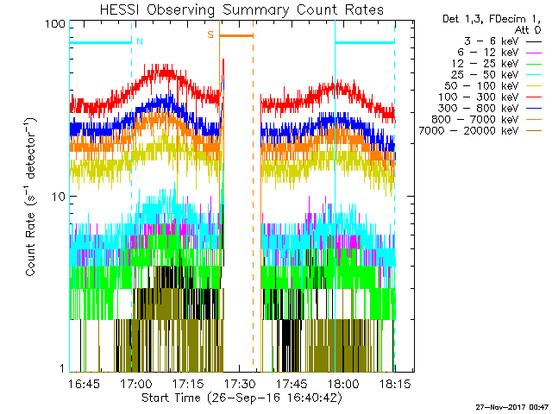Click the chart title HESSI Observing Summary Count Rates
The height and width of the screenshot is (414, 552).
(241, 9)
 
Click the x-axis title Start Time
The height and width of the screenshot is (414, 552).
(241, 398)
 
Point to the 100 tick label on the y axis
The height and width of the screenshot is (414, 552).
(54, 23)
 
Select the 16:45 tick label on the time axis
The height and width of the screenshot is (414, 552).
(85, 382)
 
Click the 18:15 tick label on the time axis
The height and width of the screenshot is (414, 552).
(394, 382)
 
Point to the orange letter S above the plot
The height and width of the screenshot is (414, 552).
(210, 35)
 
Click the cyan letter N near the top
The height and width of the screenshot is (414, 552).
(140, 41)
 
